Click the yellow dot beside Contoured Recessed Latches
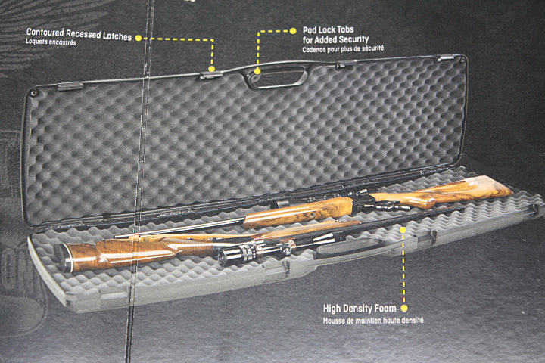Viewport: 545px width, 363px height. point(139,36)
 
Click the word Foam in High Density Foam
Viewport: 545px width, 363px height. point(385,309)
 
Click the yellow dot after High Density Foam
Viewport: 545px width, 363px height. point(404,309)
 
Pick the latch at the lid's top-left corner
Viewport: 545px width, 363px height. point(70,86)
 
